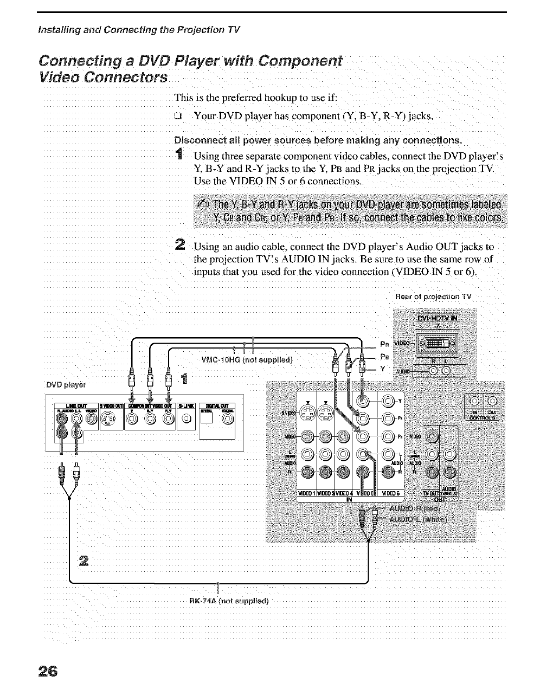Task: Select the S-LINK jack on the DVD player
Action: pos(186,418)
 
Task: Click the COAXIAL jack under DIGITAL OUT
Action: pos(227,418)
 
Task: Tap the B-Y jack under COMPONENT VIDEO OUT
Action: pos(150,418)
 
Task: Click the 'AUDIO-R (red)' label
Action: pos(417,508)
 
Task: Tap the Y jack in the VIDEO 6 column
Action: pos(388,402)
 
